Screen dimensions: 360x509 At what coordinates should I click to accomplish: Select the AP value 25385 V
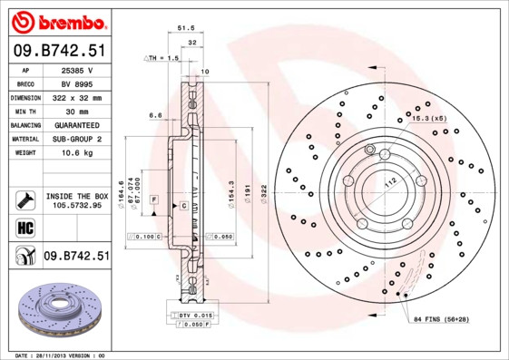76,70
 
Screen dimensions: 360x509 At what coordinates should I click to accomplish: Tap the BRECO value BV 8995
76,83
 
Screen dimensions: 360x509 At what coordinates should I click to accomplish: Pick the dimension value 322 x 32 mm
76,97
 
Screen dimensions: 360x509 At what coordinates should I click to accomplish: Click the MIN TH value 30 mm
76,111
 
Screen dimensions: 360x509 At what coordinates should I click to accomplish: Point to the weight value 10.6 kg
76,153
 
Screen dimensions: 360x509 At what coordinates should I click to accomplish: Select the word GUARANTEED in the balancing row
76,125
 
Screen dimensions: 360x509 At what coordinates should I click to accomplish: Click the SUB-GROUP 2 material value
76,139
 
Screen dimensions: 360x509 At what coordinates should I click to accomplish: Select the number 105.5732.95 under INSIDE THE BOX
76,205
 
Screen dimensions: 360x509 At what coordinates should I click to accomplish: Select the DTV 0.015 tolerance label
197,314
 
